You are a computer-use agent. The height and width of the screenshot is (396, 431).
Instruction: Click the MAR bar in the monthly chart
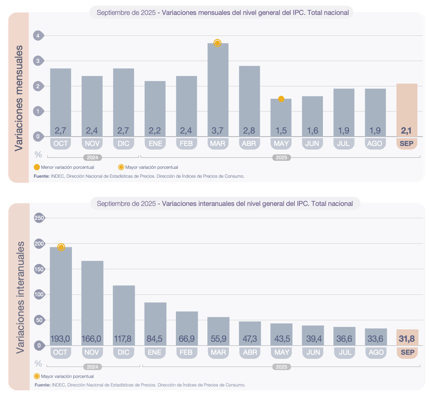coord(218,89)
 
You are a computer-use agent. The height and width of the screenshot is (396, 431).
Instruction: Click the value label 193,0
coord(60,339)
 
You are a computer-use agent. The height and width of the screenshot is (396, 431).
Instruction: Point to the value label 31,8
coord(407,339)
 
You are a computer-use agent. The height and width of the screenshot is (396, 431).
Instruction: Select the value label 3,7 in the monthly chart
coord(218,130)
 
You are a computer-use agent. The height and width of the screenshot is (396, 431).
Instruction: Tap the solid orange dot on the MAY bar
coord(281,99)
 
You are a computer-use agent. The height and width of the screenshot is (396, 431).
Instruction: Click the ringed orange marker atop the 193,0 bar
coord(61,247)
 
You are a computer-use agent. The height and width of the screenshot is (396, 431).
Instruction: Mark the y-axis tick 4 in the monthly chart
coord(38,36)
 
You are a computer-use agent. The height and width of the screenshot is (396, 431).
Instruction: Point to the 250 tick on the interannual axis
coord(39,218)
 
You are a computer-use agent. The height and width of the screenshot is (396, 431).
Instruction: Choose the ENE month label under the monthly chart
coord(155,144)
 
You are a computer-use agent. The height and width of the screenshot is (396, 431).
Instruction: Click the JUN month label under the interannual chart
coord(313,353)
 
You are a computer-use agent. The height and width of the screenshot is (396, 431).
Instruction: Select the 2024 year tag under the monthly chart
coord(93,158)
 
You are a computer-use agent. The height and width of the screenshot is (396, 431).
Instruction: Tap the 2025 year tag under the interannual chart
coord(281,367)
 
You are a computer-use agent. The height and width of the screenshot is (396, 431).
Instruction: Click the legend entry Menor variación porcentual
coord(67,167)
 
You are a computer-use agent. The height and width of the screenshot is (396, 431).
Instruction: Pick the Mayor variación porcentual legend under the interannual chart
coord(67,376)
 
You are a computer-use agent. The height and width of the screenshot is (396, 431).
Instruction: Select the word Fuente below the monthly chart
coord(42,176)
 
